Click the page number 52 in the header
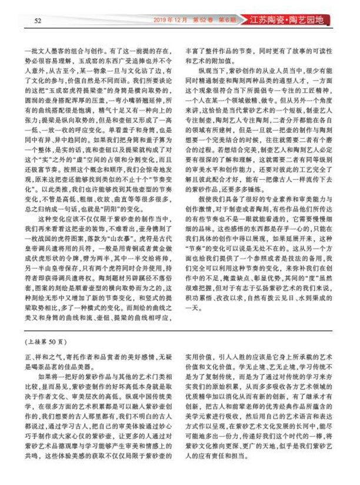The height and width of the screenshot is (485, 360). pyautogui.click(x=36, y=21)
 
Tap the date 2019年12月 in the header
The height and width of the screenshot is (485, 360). pyautogui.click(x=171, y=19)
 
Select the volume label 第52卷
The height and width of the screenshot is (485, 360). pyautogui.click(x=199, y=19)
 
